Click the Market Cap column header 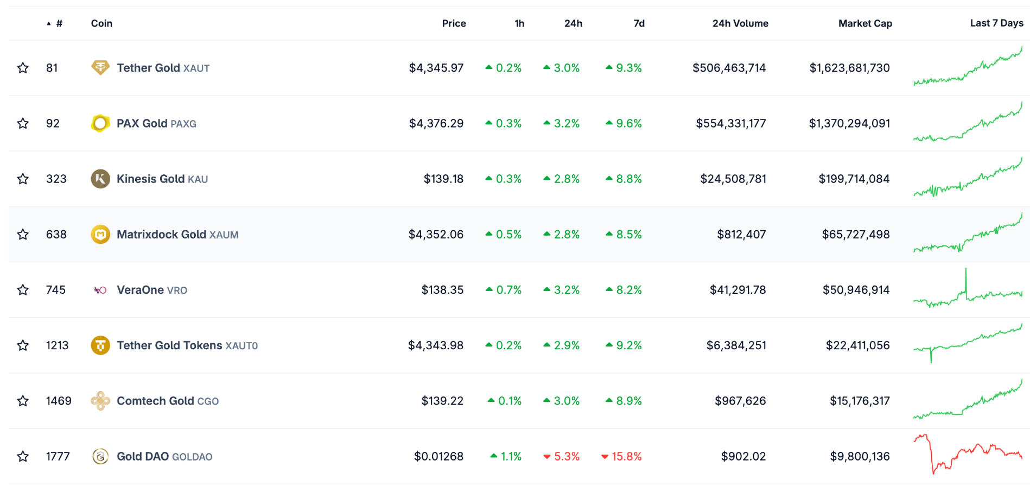click(865, 23)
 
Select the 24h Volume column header click(740, 23)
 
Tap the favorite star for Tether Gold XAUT click(23, 68)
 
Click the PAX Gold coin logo click(100, 123)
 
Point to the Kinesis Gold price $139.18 click(443, 179)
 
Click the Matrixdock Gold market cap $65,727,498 click(856, 234)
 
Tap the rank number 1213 click(57, 345)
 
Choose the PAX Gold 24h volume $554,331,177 click(730, 123)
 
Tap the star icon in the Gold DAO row click(23, 456)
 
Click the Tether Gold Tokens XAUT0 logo click(100, 345)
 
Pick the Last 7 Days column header click(996, 23)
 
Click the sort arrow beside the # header click(49, 23)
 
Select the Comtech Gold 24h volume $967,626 click(740, 401)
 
